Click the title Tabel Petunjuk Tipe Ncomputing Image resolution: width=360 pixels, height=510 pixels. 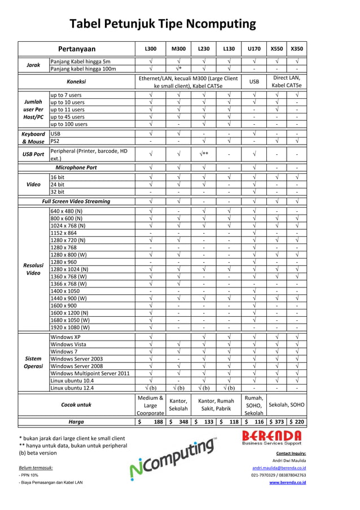(163, 24)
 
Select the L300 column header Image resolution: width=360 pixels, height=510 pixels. (151, 49)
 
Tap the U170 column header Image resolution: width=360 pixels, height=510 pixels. (254, 49)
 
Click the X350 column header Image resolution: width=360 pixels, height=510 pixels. (297, 49)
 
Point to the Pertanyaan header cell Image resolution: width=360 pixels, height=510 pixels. (77, 49)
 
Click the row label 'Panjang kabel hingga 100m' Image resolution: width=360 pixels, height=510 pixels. (83, 69)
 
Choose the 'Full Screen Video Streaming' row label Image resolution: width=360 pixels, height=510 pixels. (76, 201)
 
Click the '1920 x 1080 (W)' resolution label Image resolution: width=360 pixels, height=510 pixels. (70, 327)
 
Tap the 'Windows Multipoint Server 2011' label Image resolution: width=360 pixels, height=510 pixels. (90, 373)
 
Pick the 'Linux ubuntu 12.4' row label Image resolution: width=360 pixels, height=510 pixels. (73, 388)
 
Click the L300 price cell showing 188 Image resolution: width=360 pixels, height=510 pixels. (151, 421)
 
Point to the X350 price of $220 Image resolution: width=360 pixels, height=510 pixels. (297, 421)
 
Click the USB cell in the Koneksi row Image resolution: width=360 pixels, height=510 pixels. (254, 81)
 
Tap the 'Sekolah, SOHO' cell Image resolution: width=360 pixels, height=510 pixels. (287, 405)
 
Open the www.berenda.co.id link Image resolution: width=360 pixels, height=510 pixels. (287, 482)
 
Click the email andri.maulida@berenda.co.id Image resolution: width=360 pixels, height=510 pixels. (279, 468)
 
